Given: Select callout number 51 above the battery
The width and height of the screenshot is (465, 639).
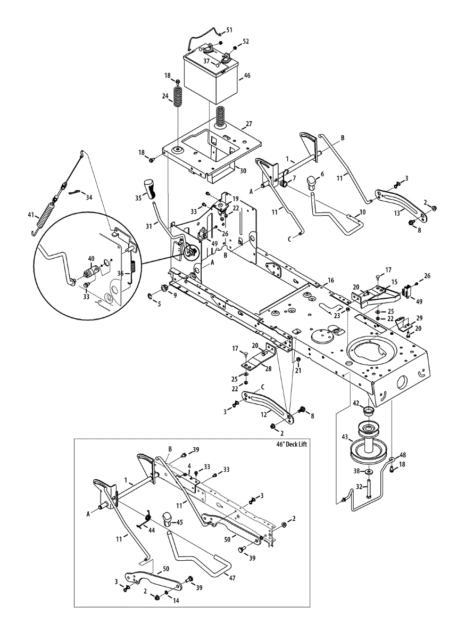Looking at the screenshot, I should click(229, 30).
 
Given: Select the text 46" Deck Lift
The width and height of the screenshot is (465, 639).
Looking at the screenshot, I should click(288, 445).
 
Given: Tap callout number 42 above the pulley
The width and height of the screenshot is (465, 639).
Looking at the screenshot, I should click(356, 403).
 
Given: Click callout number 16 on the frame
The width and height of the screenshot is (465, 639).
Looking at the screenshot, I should click(330, 280).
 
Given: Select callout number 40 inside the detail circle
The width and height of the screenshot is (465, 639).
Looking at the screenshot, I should click(91, 258).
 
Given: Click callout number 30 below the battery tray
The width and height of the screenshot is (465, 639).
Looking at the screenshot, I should click(243, 171).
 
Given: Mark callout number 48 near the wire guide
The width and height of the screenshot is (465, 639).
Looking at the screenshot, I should click(403, 455).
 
